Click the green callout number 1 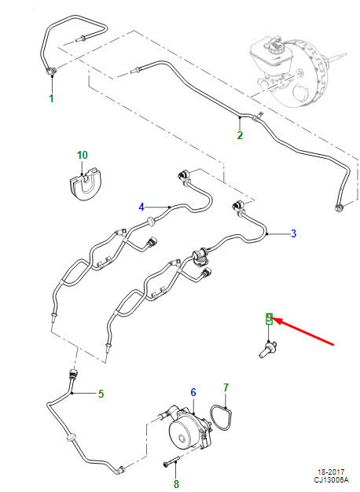51,98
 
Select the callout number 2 240,135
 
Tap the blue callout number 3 293,233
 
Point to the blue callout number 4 141,207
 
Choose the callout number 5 101,394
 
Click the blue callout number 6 193,392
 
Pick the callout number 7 226,387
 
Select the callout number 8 176,483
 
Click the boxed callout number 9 269,318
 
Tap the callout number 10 83,155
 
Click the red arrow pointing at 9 303,332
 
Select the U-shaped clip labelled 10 83,185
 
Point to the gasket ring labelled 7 221,417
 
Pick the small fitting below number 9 267,351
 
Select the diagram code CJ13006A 331,480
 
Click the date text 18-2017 331,472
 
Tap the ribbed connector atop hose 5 73,373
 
